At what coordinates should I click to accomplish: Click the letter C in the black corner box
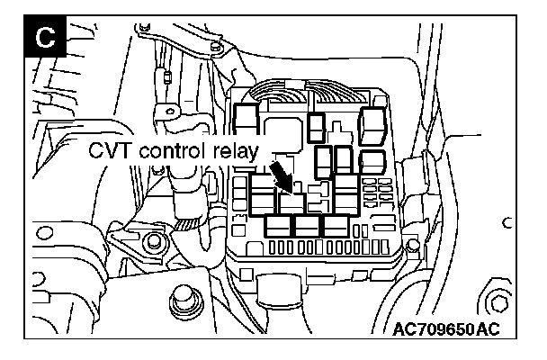click(42, 39)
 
